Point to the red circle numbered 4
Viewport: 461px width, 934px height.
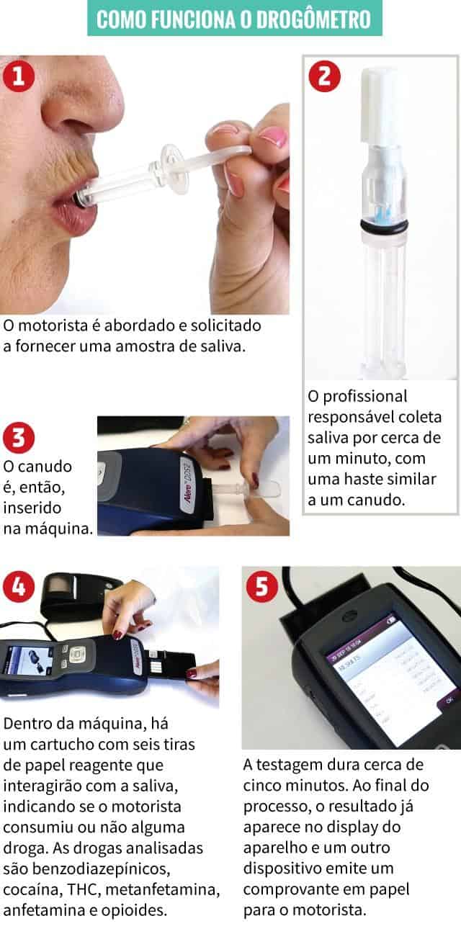pyautogui.click(x=19, y=586)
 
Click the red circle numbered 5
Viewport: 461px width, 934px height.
pyautogui.click(x=262, y=587)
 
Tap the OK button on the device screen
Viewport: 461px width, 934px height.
pyautogui.click(x=448, y=699)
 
